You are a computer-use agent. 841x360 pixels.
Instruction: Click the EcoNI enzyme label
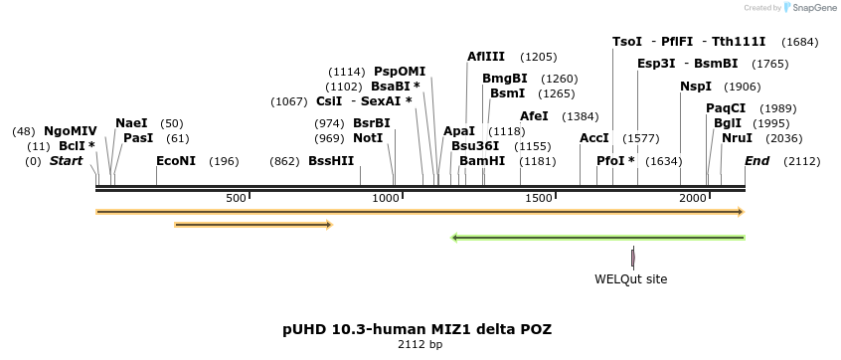[176, 161]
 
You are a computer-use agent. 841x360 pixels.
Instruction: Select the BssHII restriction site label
[330, 161]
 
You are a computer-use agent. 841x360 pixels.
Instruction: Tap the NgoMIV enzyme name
[71, 131]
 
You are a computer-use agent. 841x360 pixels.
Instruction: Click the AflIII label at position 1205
[486, 57]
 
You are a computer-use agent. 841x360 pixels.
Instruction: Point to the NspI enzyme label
[696, 87]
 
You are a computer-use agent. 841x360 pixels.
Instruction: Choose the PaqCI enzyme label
[726, 108]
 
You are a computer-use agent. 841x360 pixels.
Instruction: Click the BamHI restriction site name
[482, 161]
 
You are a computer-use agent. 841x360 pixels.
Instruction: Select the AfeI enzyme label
[534, 116]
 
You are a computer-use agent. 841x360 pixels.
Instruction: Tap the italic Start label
[67, 161]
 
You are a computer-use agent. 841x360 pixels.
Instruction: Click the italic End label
[757, 161]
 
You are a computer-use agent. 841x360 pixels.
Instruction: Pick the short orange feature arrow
[252, 225]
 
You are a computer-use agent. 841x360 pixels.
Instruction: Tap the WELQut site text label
[631, 279]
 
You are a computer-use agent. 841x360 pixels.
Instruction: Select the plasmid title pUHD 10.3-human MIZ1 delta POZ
[417, 328]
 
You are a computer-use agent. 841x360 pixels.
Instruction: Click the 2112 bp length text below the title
[420, 345]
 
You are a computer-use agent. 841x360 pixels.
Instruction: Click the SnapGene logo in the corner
[809, 8]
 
